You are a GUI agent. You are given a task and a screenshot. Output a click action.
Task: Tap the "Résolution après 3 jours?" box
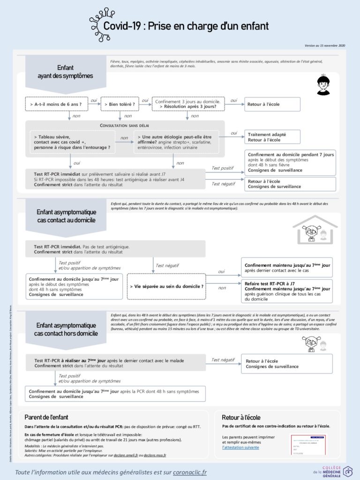(188, 104)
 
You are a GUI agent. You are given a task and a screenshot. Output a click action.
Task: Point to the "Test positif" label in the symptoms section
(223, 168)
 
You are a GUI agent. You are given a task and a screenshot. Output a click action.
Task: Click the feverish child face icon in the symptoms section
(323, 85)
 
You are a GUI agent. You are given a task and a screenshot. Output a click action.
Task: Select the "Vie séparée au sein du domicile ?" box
(167, 285)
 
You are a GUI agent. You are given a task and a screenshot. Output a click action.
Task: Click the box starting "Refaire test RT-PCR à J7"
(287, 291)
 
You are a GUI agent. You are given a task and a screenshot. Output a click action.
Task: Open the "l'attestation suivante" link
(240, 447)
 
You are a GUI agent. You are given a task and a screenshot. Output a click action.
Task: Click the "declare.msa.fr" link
(155, 455)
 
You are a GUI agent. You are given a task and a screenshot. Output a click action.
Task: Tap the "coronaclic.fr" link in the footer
(190, 472)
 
